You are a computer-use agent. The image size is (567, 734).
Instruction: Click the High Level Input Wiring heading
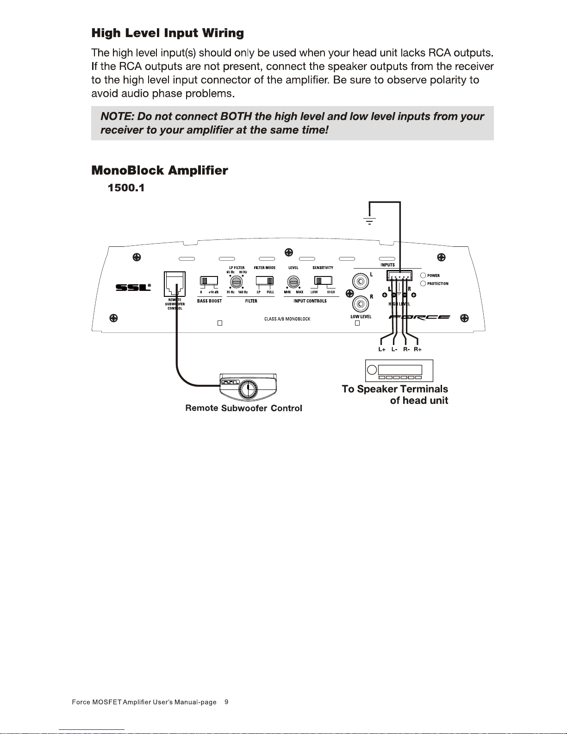(168, 33)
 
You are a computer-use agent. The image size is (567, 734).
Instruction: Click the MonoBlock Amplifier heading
(160, 170)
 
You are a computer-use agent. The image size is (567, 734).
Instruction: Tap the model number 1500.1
(126, 188)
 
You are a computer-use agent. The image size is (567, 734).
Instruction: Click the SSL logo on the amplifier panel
(133, 288)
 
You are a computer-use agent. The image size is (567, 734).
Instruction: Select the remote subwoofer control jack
(174, 284)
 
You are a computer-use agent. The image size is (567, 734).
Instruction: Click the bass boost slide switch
(209, 281)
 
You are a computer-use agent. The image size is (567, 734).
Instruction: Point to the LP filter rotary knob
(237, 281)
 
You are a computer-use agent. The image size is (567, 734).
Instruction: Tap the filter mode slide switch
(265, 281)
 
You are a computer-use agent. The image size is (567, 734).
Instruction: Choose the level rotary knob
(293, 281)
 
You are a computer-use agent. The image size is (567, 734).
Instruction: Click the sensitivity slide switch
(324, 281)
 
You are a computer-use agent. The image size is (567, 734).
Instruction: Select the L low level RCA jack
(361, 281)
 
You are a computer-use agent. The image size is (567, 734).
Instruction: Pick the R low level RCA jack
(361, 304)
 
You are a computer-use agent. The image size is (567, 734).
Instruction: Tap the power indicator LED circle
(423, 276)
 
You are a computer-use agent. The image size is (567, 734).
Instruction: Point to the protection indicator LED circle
(423, 283)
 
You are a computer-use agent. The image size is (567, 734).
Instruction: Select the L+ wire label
(382, 350)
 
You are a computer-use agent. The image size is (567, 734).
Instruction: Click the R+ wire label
(417, 350)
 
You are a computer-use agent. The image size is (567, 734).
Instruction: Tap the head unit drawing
(399, 370)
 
